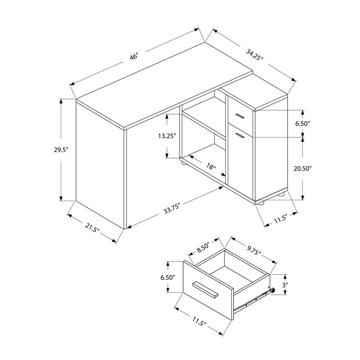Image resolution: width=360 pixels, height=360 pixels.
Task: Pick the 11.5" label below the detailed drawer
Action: pyautogui.click(x=197, y=323)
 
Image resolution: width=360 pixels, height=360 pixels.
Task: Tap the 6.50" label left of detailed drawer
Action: pyautogui.click(x=167, y=277)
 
